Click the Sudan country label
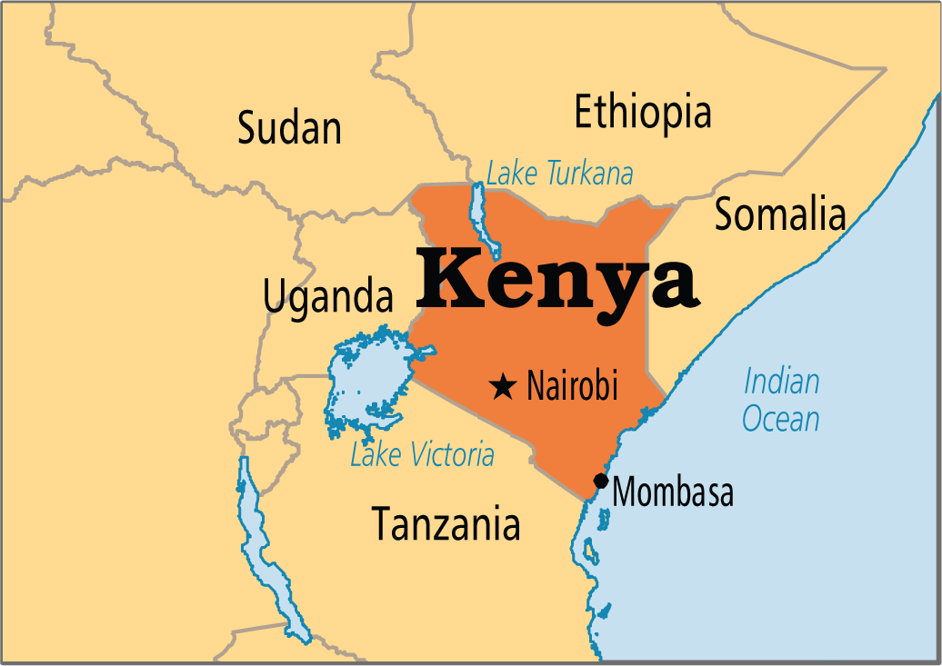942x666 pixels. [x=289, y=128]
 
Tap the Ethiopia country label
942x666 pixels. [x=642, y=113]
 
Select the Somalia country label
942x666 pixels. [x=779, y=215]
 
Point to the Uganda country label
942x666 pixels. [x=328, y=297]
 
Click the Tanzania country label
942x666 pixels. [x=446, y=524]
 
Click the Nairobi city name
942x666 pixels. [x=572, y=387]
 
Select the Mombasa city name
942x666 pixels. [x=673, y=492]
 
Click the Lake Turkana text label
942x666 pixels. [x=559, y=173]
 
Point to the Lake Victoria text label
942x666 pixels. [x=422, y=454]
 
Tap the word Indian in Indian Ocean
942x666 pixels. [x=781, y=382]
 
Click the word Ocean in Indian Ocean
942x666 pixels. [x=780, y=419]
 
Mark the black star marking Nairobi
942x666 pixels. [x=501, y=387]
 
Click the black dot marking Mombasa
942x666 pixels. [x=600, y=481]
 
